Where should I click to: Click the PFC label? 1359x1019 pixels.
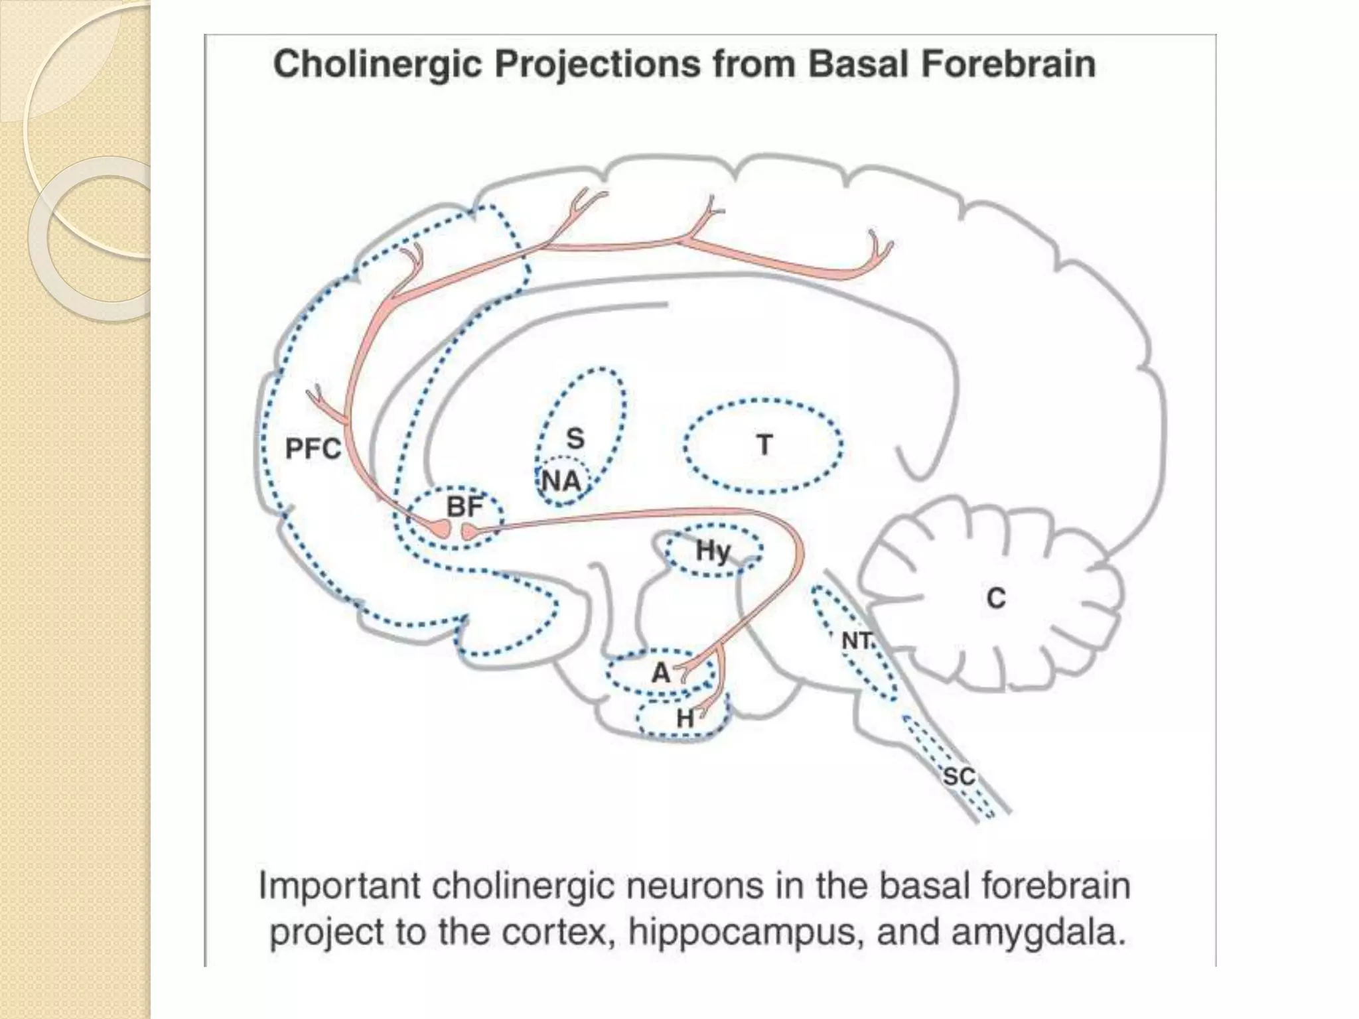coord(313,449)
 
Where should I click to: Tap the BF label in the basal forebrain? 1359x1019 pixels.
coord(464,508)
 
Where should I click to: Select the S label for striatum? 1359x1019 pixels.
coord(575,439)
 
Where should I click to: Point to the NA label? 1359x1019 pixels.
coord(561,481)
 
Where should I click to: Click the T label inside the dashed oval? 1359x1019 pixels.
coord(764,444)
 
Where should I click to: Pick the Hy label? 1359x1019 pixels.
coord(713,551)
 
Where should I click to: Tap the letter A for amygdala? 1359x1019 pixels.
coord(661,673)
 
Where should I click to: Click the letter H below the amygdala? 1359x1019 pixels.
coord(685,718)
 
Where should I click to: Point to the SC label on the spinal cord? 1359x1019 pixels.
coord(959,776)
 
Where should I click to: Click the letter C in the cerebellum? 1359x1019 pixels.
coord(995,598)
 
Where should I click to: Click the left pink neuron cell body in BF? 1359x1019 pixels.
coord(440,528)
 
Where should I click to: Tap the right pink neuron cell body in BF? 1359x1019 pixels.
coord(469,531)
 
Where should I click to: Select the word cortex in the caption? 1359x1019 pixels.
coord(555,932)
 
